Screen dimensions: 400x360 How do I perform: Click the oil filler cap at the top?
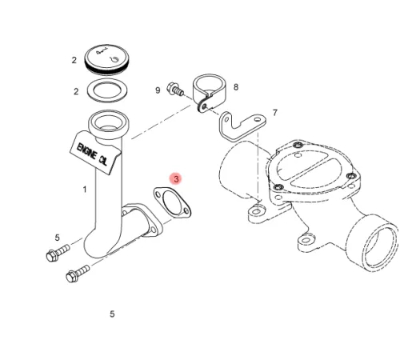(106, 59)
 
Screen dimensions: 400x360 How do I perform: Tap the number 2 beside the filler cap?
(74, 60)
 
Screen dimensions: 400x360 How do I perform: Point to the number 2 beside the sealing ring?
(76, 92)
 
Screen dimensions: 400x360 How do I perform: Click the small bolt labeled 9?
(174, 89)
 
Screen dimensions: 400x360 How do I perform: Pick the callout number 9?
(158, 90)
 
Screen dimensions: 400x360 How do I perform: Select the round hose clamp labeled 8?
(210, 92)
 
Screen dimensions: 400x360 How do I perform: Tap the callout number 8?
(236, 87)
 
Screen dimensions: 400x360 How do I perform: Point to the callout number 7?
(275, 113)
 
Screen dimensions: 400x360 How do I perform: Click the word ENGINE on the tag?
(86, 152)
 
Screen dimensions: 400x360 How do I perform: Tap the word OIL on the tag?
(103, 160)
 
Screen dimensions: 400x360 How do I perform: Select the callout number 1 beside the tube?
(85, 190)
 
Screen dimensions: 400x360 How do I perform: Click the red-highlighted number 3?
(176, 178)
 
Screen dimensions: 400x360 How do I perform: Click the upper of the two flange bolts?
(58, 253)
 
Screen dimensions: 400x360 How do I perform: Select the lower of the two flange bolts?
(78, 274)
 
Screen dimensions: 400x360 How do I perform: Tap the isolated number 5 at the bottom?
(112, 314)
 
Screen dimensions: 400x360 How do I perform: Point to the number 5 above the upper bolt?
(58, 238)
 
